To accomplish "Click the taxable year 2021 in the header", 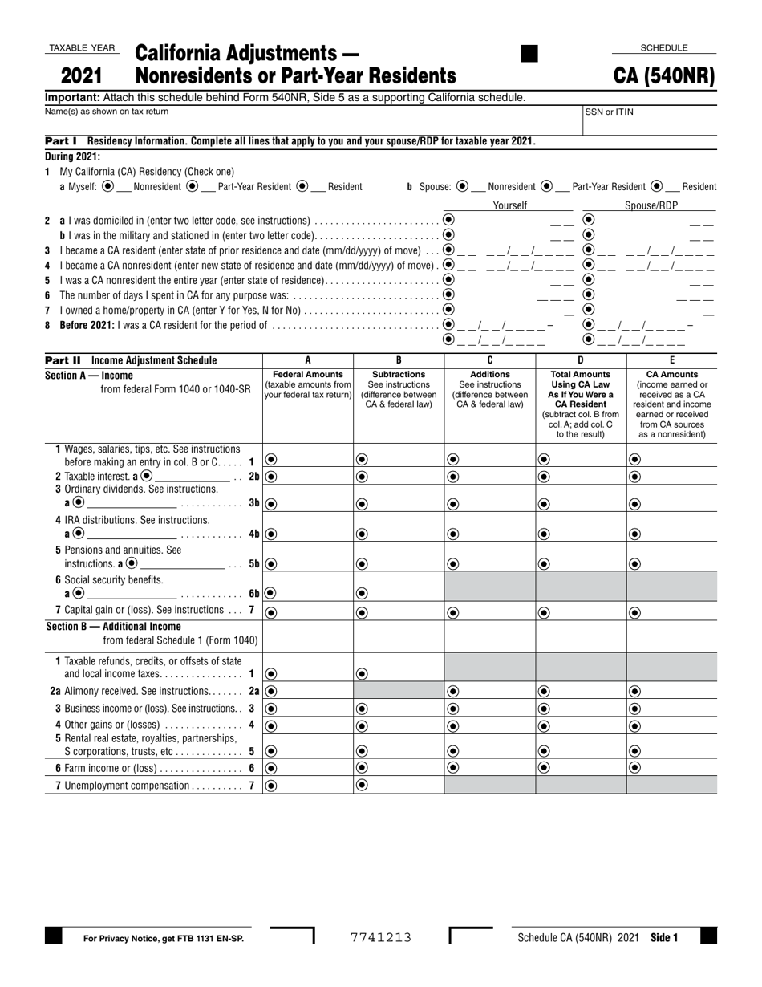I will coord(82,76).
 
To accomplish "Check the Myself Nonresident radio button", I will coord(108,186).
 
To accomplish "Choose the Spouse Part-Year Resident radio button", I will coord(546,186).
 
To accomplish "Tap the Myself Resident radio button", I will coord(302,186).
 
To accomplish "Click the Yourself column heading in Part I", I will coord(509,205).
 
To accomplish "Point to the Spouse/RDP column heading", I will coord(651,205).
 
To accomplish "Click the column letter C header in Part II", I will coord(489,360).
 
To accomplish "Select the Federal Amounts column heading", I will coord(308,374).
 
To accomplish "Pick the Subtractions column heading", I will coord(399,374).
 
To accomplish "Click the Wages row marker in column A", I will coord(271,460).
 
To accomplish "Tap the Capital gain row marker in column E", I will coord(634,612).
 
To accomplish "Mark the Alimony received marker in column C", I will coord(452,691).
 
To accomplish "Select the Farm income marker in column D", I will coord(544,767).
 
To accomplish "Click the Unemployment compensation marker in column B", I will coord(362,786).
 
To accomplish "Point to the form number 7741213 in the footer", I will coord(381,937).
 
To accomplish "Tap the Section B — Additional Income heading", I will coord(113,627).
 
